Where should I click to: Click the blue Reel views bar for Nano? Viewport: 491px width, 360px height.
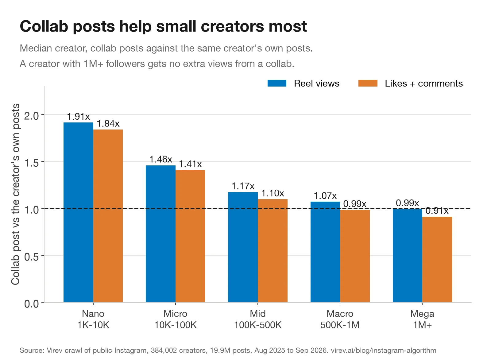(79, 212)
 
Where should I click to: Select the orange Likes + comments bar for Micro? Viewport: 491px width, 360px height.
(190, 236)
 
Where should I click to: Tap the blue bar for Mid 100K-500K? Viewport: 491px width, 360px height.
(243, 247)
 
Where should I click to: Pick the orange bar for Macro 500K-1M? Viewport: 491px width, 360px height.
(355, 256)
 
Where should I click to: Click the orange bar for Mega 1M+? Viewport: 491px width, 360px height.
(437, 260)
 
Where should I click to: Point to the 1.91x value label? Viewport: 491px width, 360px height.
(79, 117)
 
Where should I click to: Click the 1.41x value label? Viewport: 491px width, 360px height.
(190, 164)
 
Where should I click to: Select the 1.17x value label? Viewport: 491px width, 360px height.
(243, 186)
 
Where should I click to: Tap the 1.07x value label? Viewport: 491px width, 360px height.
(325, 196)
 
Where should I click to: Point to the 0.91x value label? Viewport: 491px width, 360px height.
(437, 211)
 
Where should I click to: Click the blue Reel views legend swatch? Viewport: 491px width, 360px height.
(277, 83)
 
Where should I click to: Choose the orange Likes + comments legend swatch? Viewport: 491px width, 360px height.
(368, 83)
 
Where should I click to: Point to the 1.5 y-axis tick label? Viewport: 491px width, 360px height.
(32, 163)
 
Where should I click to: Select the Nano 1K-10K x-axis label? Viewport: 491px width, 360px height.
(93, 319)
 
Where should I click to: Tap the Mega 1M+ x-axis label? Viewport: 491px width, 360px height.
(422, 319)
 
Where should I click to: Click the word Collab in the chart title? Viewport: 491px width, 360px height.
(44, 26)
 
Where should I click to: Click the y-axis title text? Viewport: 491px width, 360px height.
(15, 194)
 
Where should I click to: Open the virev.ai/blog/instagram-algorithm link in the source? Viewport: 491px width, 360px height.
(384, 350)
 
